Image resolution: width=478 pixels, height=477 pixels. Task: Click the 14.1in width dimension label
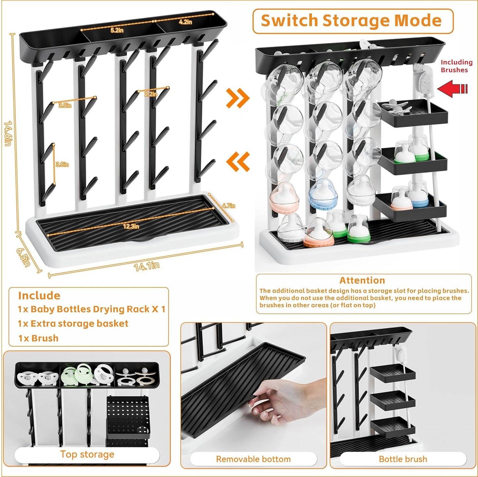click(x=147, y=266)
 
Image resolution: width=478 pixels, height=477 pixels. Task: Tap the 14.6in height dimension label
click(x=8, y=134)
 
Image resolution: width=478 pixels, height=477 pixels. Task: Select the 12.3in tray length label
click(x=131, y=226)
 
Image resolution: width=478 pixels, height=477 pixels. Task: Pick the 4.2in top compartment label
click(x=185, y=22)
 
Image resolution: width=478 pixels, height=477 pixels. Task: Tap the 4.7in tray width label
click(x=229, y=206)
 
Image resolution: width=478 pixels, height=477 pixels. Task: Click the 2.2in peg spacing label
click(x=151, y=94)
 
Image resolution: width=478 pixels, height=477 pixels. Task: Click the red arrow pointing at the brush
click(x=453, y=88)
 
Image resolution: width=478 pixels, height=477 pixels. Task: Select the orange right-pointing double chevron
click(x=238, y=98)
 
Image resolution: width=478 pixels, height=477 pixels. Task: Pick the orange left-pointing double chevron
click(x=238, y=162)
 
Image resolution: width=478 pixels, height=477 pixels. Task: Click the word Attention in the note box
click(x=362, y=280)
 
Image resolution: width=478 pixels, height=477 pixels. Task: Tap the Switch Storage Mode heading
click(x=352, y=21)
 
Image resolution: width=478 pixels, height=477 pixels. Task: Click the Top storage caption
click(x=87, y=454)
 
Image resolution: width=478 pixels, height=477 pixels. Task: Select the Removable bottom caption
click(x=253, y=459)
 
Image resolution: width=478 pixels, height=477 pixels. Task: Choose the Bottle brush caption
click(x=403, y=459)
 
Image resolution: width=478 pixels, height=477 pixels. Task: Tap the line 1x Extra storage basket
click(x=73, y=323)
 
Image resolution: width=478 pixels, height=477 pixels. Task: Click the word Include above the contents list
click(x=39, y=296)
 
